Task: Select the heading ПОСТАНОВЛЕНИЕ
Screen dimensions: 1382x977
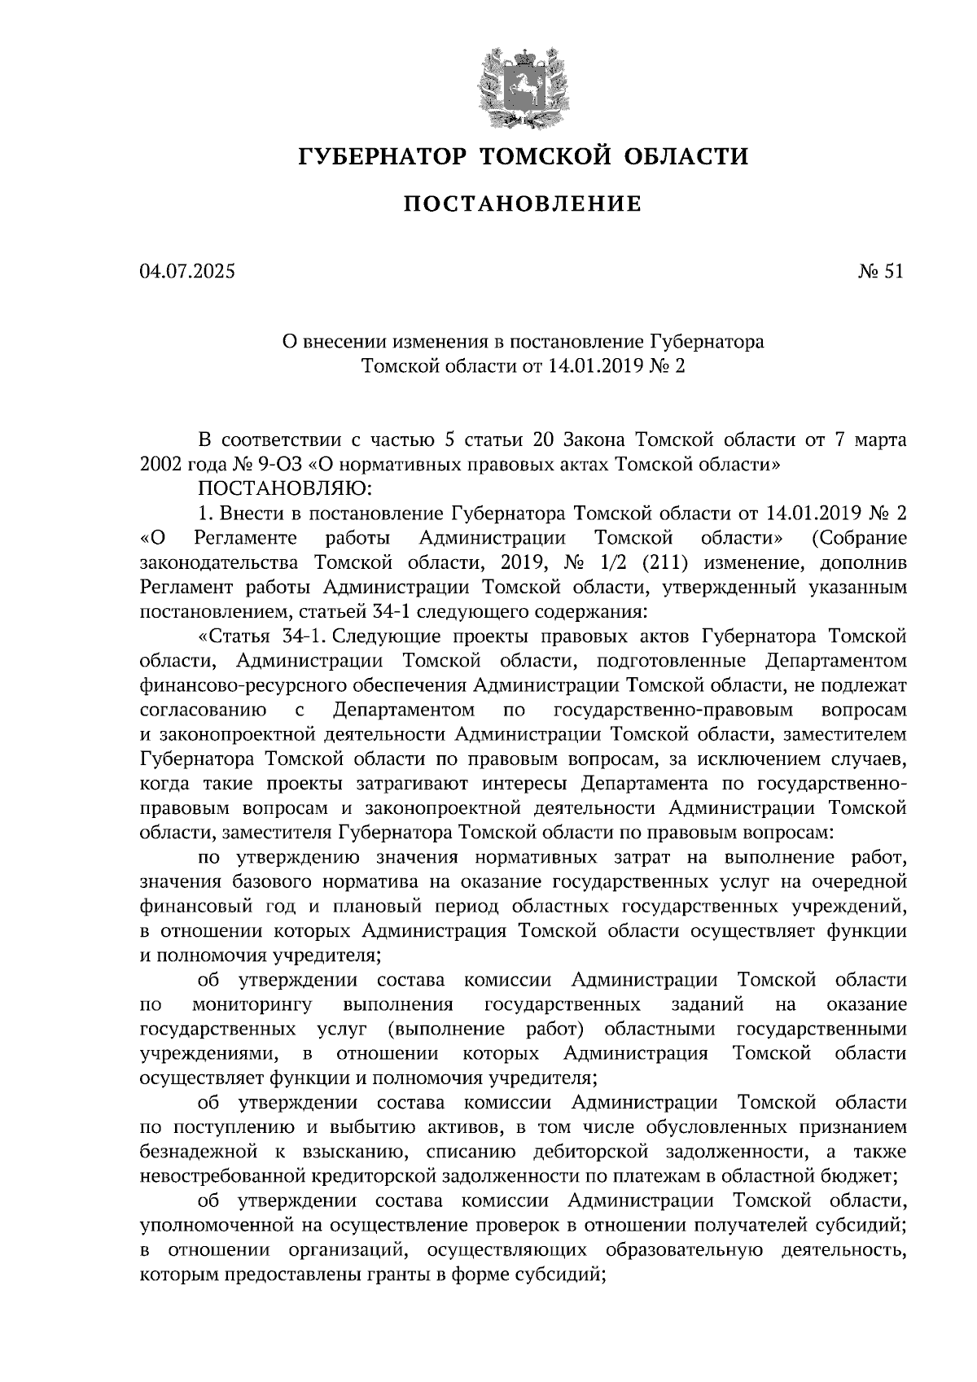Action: [522, 204]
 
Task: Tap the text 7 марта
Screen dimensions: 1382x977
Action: [869, 441]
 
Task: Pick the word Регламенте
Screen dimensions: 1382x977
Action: [246, 538]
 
